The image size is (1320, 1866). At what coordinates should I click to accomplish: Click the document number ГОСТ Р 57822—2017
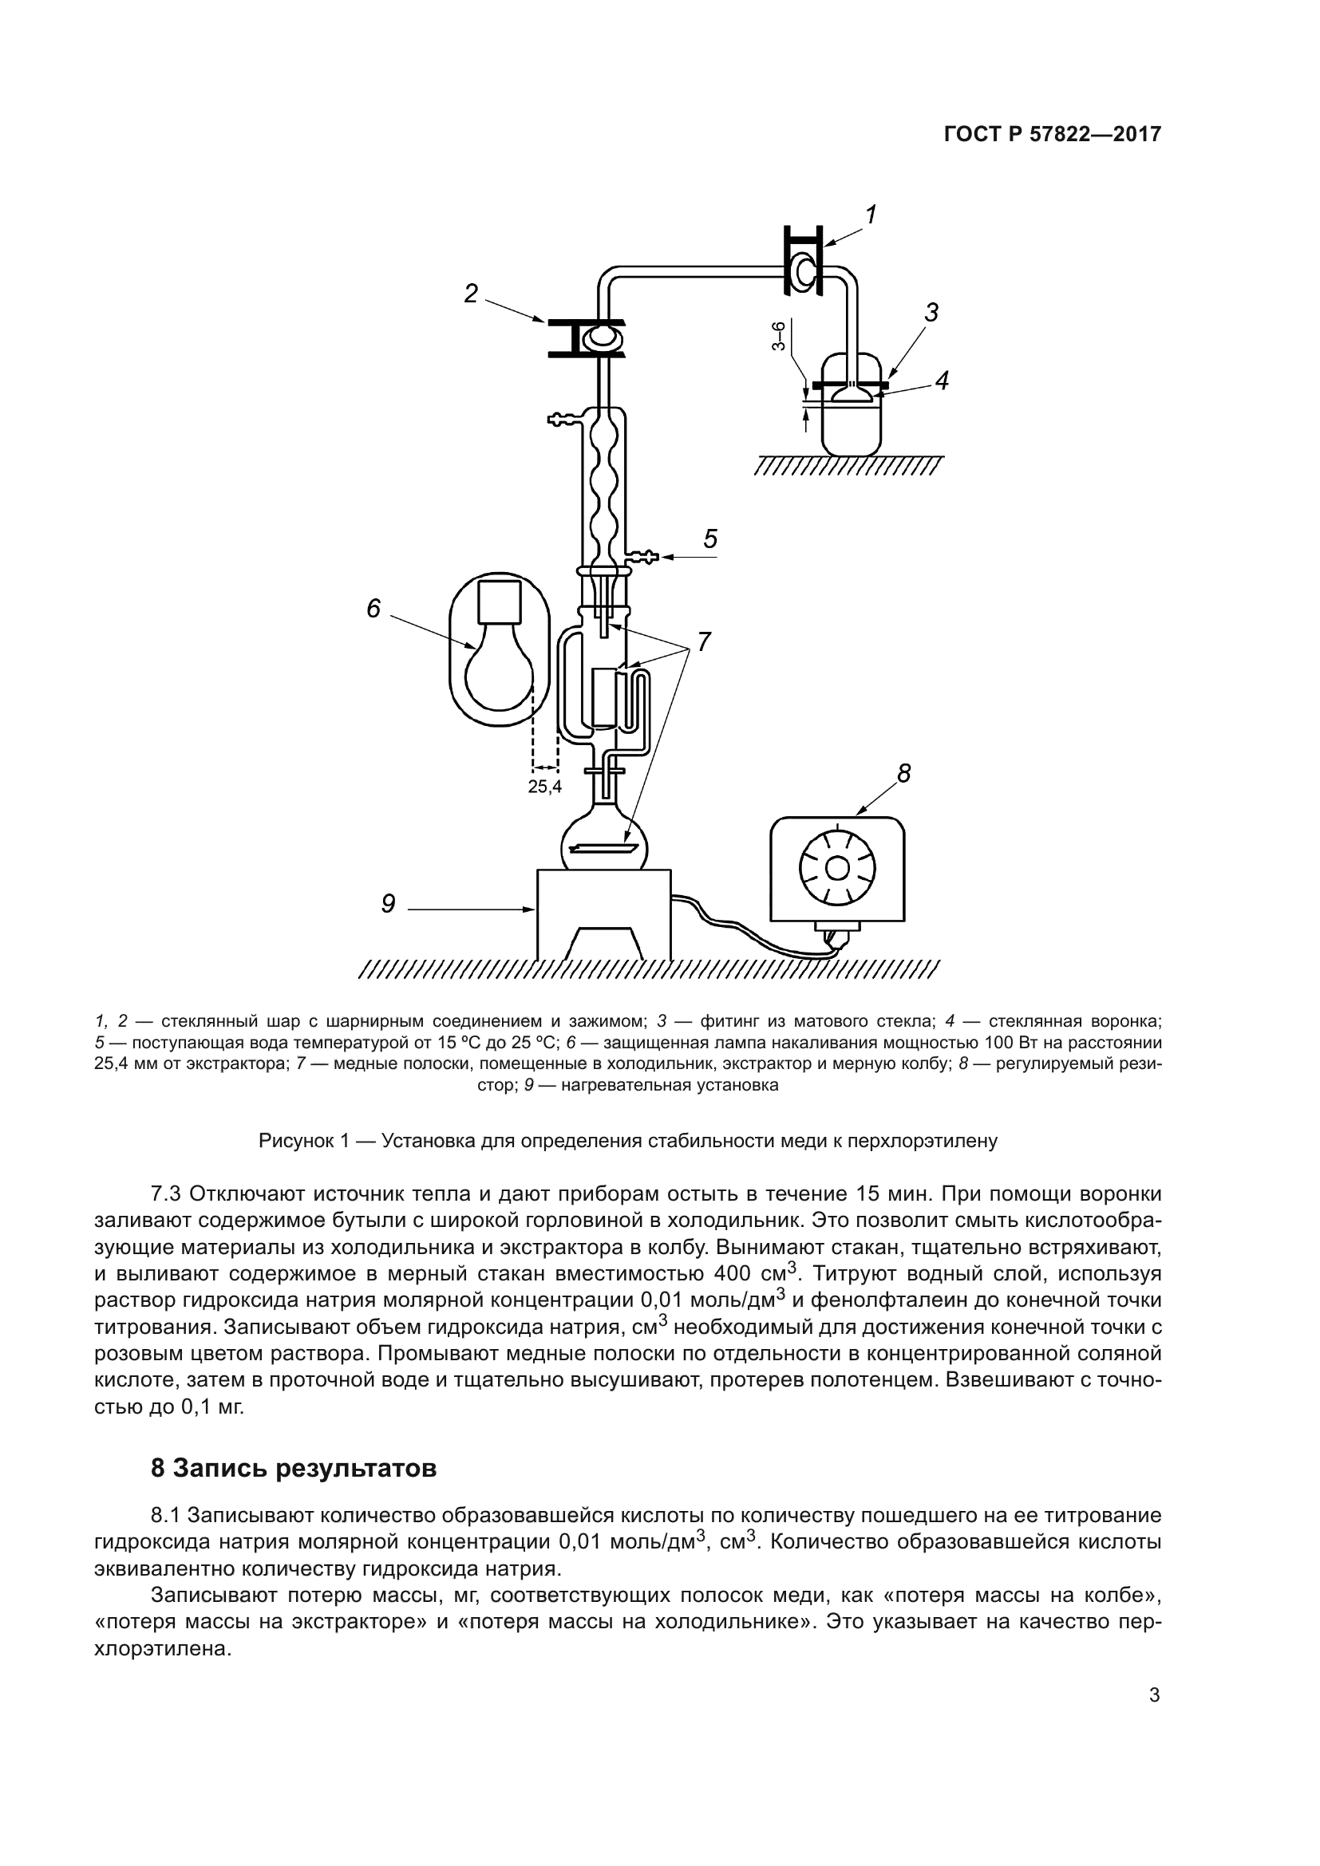1052,135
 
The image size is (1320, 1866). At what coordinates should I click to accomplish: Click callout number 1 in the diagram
871,215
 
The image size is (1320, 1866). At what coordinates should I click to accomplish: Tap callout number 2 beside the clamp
471,294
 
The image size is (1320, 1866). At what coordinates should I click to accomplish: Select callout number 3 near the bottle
931,312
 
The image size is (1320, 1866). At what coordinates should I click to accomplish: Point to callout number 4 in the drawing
942,381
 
